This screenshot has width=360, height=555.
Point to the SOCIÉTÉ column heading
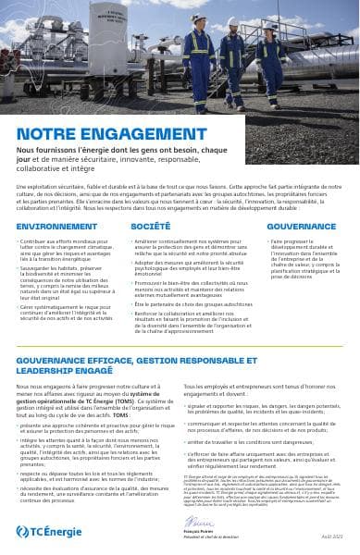(150, 226)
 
